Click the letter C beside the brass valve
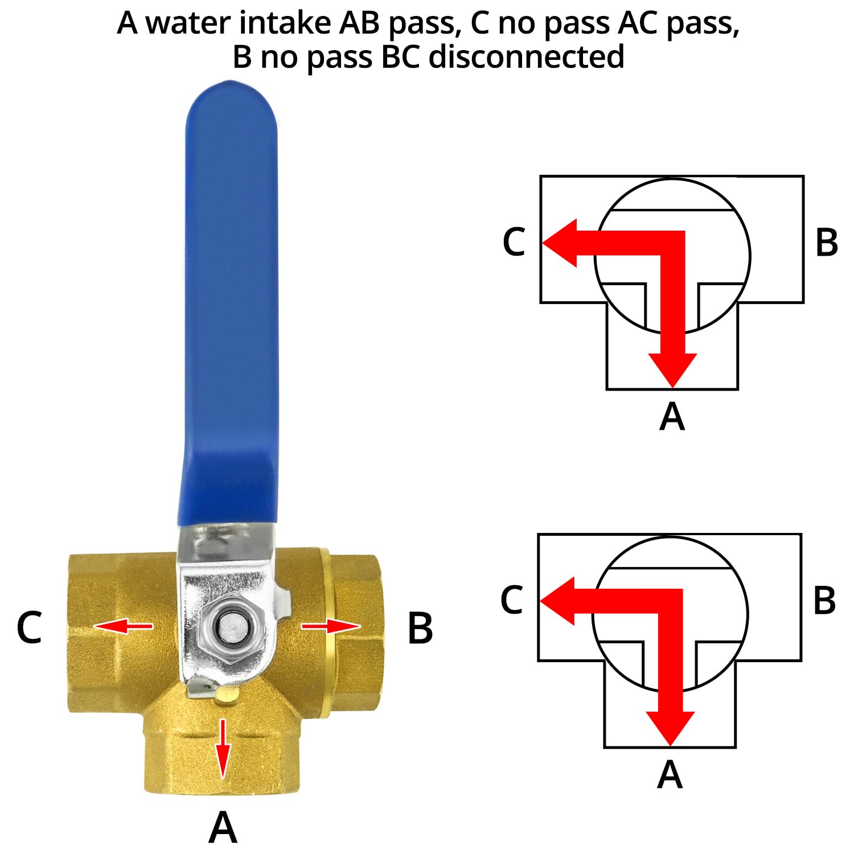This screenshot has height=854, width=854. [x=29, y=628]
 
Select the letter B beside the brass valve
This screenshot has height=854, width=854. [x=420, y=628]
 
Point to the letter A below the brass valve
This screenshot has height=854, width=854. [x=223, y=827]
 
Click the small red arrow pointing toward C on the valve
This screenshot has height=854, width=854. [x=124, y=626]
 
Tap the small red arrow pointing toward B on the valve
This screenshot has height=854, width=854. [x=331, y=626]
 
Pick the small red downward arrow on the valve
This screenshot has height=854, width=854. [x=223, y=749]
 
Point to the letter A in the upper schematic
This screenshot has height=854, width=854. [x=672, y=416]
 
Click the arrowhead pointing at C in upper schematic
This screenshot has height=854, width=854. [x=560, y=243]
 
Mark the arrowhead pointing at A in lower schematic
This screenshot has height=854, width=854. [x=670, y=729]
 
